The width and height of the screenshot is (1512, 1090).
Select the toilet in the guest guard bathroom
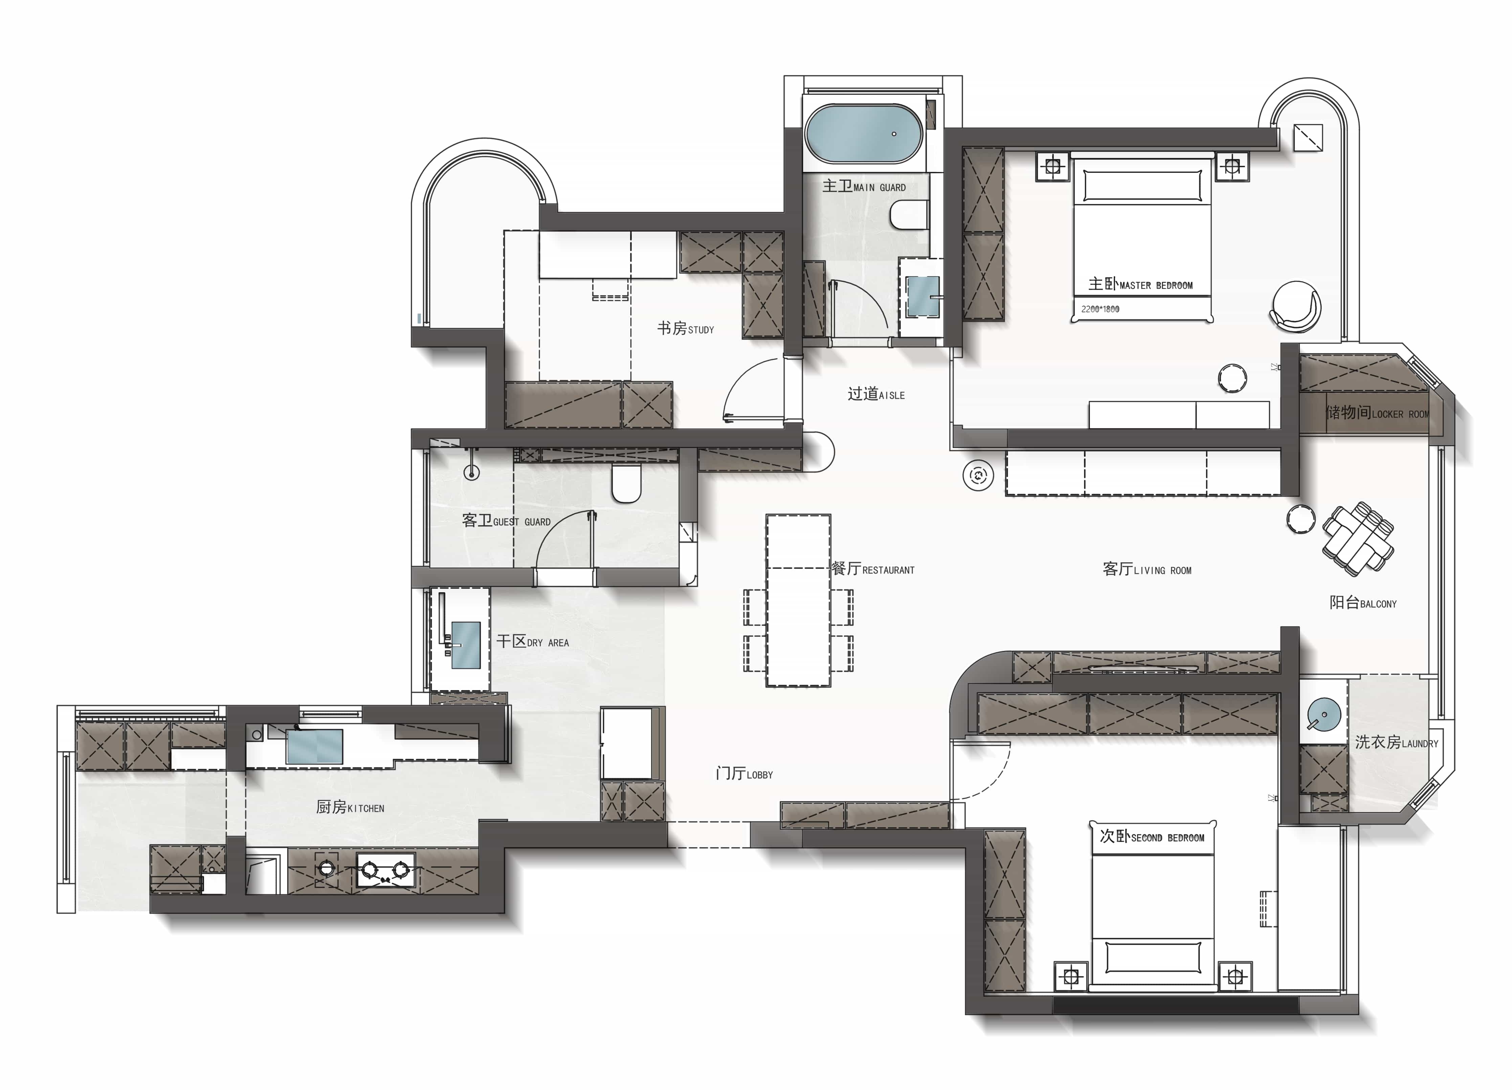626,483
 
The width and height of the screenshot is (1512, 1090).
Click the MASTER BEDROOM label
1140,285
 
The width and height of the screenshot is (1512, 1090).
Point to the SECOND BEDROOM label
1152,837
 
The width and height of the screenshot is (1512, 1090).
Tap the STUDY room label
685,329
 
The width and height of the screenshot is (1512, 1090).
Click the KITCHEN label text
350,807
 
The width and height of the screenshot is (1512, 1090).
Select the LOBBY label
744,773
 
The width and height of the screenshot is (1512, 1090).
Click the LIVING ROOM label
1147,569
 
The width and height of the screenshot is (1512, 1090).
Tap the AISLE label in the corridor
876,394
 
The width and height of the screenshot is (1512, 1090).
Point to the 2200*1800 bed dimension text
1100,309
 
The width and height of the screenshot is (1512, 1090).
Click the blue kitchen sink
315,746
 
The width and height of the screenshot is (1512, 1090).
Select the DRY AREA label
533,641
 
